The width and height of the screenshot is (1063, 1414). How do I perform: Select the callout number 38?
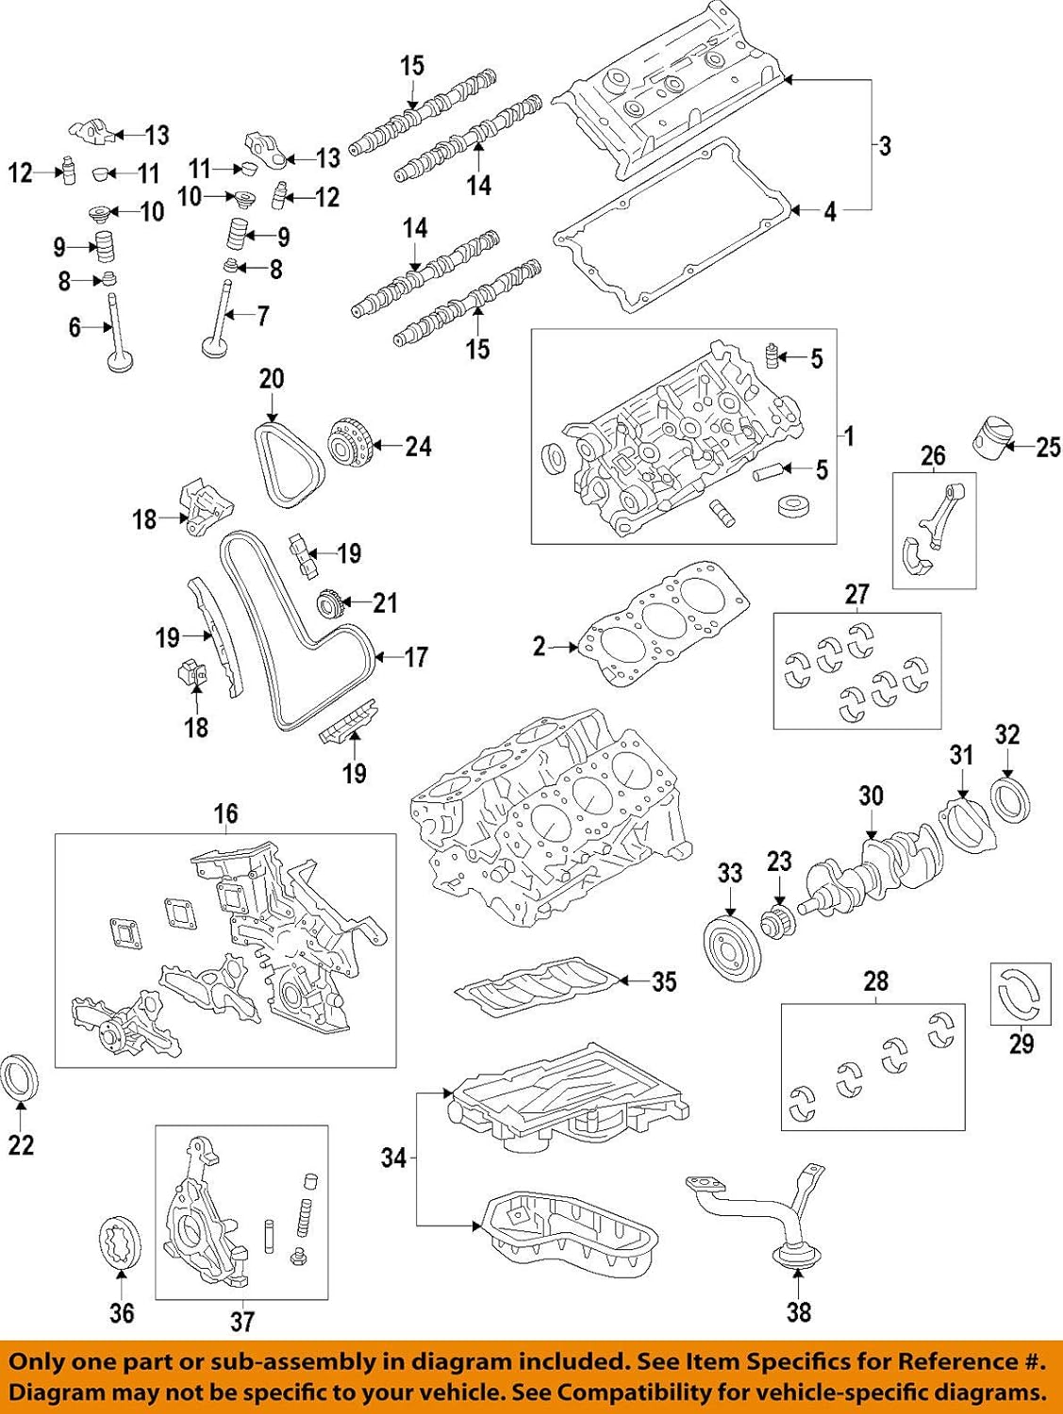(798, 1311)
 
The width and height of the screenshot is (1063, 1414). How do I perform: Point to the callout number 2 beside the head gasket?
(540, 647)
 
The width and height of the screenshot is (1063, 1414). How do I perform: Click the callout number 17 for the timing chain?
(415, 657)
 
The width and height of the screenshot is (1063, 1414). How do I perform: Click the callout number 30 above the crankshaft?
(871, 797)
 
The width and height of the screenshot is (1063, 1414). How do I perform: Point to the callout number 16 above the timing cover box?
(225, 814)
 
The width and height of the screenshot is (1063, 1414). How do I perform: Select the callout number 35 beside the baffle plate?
(664, 981)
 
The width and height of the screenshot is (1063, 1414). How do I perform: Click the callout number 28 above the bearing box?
(876, 982)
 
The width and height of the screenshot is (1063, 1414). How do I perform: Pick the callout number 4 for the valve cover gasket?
(830, 212)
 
